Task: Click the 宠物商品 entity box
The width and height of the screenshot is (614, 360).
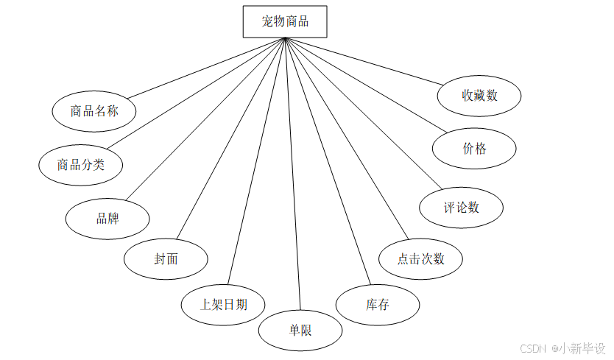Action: coord(285,21)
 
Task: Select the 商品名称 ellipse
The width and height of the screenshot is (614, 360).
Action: coord(94,111)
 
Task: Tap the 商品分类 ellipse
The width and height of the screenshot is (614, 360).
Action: coord(81,164)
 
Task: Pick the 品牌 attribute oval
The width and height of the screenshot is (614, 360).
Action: coord(107,219)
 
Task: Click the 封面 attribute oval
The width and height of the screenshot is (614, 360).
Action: coord(166,259)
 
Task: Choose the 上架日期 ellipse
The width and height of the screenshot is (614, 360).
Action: coord(224,303)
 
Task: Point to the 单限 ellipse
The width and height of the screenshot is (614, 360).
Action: coord(300,331)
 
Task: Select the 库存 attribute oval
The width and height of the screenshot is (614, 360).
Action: coord(378,304)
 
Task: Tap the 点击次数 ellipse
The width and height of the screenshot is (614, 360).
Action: coord(421,258)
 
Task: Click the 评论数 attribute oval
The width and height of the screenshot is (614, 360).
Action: coord(462,208)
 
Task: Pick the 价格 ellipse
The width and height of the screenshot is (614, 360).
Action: coord(474,149)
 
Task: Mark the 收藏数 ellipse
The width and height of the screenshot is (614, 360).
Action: coord(480,96)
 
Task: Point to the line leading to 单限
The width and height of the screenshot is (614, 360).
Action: coord(292,177)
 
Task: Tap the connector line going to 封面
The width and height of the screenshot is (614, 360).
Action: coord(230,140)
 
